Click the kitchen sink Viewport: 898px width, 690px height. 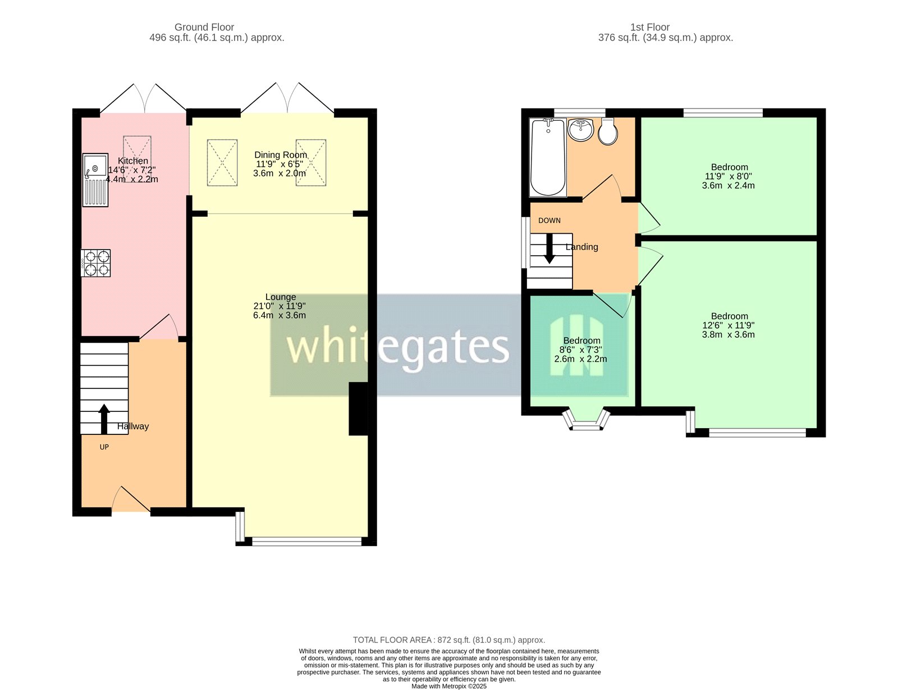click(95, 180)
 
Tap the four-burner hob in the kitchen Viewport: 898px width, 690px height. click(95, 262)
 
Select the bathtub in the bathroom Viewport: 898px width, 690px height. click(548, 157)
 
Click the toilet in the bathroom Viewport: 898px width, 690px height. click(608, 131)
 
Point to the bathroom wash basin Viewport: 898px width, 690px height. click(581, 129)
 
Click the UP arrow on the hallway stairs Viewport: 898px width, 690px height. click(104, 419)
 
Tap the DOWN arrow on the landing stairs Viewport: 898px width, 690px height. click(549, 249)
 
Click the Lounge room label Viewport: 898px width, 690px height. click(280, 297)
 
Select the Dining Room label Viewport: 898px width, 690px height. click(281, 155)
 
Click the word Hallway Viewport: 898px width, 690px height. click(132, 426)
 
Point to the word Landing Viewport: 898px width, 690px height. click(581, 247)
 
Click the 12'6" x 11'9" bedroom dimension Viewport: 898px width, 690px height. click(729, 325)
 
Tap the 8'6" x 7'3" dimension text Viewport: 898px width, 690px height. click(581, 350)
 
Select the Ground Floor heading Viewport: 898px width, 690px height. click(204, 28)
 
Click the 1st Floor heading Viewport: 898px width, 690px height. click(649, 28)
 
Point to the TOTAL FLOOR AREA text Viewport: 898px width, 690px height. click(449, 640)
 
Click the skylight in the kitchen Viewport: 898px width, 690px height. click(137, 159)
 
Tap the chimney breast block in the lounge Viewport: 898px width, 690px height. click(358, 409)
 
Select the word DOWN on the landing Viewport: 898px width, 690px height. click(549, 220)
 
